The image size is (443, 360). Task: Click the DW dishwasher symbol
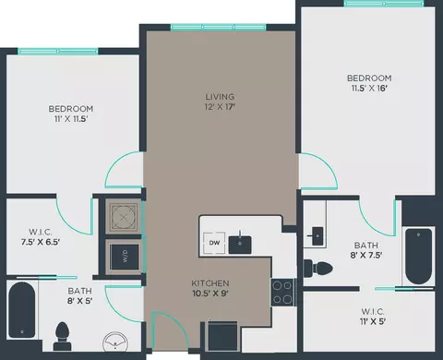214,243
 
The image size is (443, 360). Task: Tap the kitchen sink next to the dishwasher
240,245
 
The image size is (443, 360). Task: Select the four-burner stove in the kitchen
282,292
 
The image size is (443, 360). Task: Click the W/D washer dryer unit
125,255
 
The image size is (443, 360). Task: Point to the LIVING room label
220,97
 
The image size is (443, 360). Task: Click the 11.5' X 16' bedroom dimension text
369,89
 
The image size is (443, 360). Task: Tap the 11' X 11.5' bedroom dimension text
71,119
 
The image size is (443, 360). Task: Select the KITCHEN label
210,283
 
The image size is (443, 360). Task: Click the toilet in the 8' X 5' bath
63,336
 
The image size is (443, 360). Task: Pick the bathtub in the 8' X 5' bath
21,310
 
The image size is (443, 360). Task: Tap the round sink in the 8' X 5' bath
115,342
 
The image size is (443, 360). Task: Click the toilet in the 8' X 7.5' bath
318,268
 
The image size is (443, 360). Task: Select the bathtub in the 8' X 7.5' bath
418,257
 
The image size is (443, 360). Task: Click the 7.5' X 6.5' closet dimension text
41,242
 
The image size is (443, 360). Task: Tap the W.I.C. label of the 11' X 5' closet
373,311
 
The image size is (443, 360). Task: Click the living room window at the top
219,27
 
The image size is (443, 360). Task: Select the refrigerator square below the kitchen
223,336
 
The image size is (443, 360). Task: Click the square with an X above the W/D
124,217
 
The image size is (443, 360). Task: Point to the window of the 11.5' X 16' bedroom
384,4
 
